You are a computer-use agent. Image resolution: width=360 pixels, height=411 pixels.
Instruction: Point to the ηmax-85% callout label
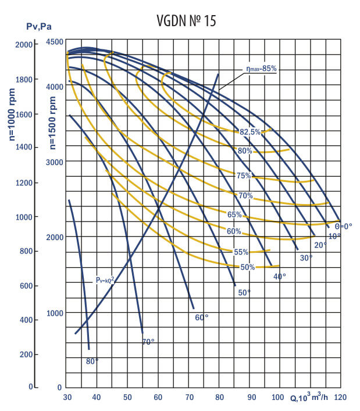tap(260, 69)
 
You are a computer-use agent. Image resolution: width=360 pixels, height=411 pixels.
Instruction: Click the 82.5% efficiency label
tap(250, 132)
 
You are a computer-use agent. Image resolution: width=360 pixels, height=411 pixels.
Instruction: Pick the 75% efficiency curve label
tap(244, 176)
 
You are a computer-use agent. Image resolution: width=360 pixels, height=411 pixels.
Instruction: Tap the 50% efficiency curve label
tap(248, 267)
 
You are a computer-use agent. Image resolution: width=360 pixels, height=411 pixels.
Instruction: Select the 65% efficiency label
tap(234, 215)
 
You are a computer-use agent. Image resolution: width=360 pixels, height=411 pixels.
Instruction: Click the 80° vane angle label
tap(92, 361)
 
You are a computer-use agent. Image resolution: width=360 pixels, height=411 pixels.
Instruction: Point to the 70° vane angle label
tap(148, 342)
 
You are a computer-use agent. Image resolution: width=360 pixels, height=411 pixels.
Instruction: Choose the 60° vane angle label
tap(201, 317)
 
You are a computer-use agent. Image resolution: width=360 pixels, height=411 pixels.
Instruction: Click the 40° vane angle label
tap(280, 277)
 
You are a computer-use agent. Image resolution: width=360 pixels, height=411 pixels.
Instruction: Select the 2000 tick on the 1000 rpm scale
tap(24, 45)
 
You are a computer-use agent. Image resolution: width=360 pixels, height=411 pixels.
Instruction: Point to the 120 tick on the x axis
tap(341, 398)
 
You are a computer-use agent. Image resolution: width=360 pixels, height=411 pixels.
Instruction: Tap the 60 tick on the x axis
tap(158, 398)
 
